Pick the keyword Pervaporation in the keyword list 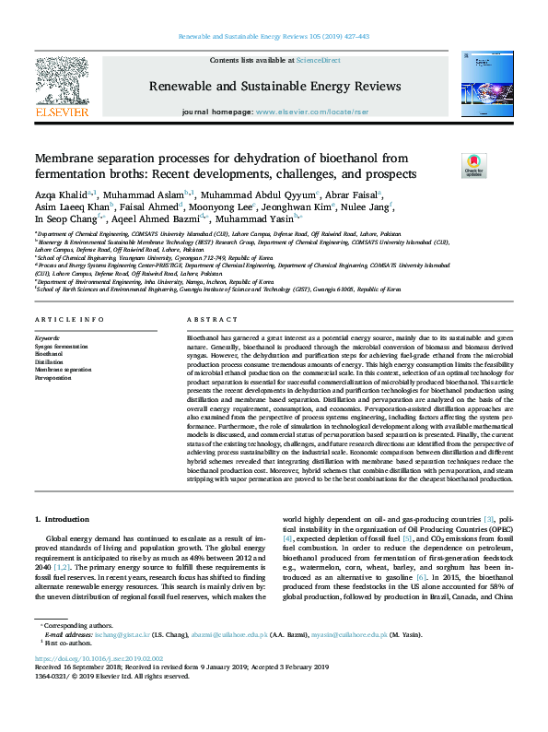52,378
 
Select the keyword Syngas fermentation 61,345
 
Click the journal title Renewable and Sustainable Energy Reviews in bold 273,88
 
